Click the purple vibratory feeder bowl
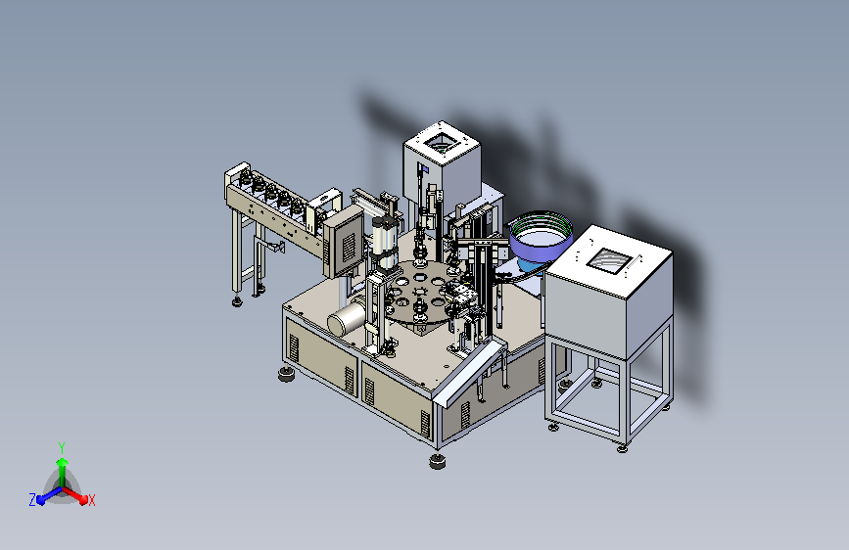point(541,238)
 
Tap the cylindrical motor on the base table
point(347,318)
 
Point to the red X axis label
point(91,500)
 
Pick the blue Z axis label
point(32,499)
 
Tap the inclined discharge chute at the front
point(469,373)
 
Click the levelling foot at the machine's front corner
point(438,461)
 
